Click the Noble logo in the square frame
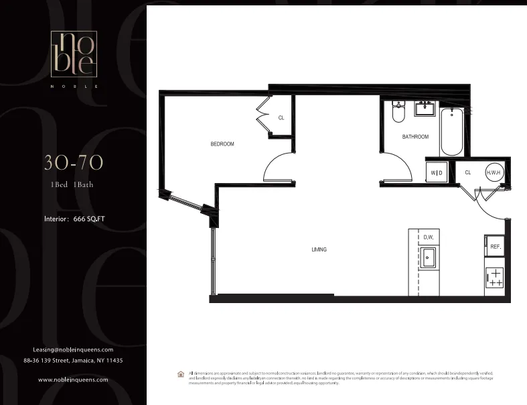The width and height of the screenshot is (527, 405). [x=74, y=54]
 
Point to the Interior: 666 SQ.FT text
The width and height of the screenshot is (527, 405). [x=74, y=219]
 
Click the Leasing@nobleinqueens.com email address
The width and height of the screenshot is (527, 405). [x=73, y=349]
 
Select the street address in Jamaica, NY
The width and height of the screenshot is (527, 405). [x=73, y=360]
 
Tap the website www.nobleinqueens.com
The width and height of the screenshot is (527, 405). [x=73, y=380]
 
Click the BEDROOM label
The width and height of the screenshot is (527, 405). [x=222, y=144]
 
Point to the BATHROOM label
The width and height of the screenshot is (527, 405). [x=415, y=137]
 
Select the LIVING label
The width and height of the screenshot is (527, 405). [x=319, y=249]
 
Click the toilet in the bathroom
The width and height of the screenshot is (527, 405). [x=398, y=113]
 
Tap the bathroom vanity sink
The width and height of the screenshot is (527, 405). [x=425, y=108]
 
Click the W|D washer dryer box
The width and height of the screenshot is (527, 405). [x=437, y=172]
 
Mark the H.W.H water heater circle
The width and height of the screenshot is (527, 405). [x=494, y=172]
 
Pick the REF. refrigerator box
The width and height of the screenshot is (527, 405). [x=495, y=246]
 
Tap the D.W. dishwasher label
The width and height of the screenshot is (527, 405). [x=429, y=237]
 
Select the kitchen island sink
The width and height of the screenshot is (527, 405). [x=429, y=257]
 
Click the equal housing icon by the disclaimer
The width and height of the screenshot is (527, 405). [x=180, y=374]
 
